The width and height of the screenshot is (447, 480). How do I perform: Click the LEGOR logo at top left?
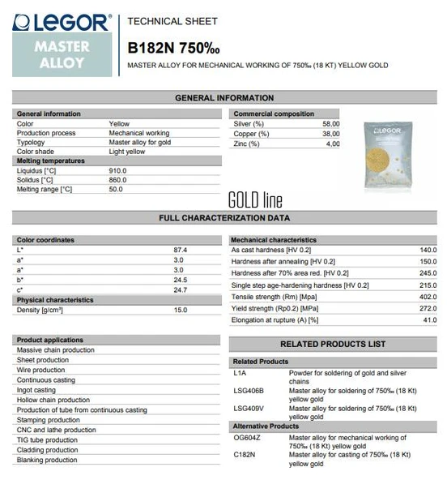[62, 22]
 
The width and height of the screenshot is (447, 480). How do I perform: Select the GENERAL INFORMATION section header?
[224, 98]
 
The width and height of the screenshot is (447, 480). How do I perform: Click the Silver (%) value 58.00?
[331, 123]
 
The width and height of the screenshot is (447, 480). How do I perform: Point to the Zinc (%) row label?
[247, 144]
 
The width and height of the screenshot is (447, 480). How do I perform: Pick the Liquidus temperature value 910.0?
[118, 171]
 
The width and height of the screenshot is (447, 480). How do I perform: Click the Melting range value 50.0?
[116, 190]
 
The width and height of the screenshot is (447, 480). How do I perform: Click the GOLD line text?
[255, 199]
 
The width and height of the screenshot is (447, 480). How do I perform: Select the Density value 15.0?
[180, 311]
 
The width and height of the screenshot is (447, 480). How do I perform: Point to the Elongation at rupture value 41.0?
[429, 320]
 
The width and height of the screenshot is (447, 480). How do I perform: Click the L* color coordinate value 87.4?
[180, 250]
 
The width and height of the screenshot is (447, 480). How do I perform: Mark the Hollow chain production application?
[53, 400]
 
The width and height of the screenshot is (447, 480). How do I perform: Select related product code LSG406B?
[248, 392]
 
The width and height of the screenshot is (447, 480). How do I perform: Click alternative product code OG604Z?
[248, 438]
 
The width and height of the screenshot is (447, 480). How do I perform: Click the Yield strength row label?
[275, 308]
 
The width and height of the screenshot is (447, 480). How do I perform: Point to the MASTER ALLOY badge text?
[62, 55]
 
